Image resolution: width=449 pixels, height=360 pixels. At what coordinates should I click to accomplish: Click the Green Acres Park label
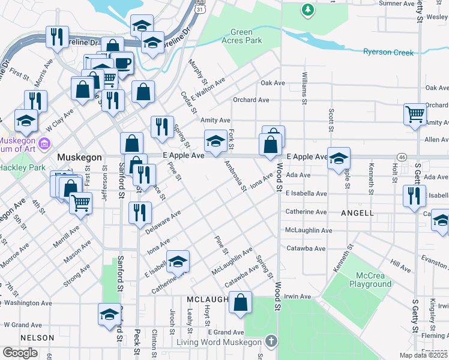pyautogui.click(x=246, y=36)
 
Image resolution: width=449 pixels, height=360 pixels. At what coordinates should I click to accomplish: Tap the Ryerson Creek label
pyautogui.click(x=388, y=52)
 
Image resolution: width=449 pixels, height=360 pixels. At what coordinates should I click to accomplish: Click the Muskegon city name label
pyautogui.click(x=79, y=157)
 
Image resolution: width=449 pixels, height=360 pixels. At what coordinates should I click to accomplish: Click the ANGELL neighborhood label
pyautogui.click(x=358, y=213)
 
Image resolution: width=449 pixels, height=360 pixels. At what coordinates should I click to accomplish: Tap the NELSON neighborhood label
pyautogui.click(x=37, y=338)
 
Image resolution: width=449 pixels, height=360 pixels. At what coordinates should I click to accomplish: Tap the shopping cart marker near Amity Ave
pyautogui.click(x=415, y=114)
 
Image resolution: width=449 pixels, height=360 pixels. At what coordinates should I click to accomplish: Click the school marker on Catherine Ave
pyautogui.click(x=178, y=261)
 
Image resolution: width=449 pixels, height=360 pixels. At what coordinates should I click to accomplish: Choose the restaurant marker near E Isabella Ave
pyautogui.click(x=414, y=196)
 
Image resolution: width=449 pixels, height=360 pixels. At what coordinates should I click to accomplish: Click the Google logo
pyautogui.click(x=20, y=353)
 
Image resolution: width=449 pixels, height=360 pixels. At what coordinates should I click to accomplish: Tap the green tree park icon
pyautogui.click(x=307, y=10)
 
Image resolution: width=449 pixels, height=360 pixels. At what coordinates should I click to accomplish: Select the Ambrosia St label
pyautogui.click(x=235, y=175)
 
